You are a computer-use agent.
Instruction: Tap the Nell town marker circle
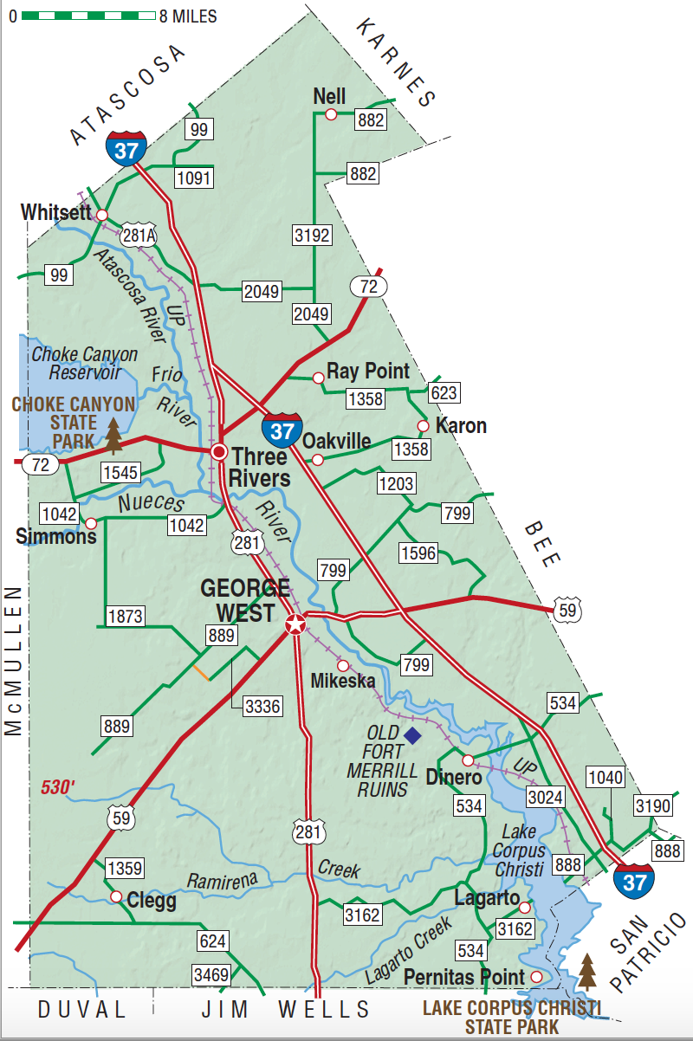pos(331,114)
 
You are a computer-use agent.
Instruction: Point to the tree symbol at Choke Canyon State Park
pos(113,436)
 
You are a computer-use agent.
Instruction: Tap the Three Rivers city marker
pos(220,451)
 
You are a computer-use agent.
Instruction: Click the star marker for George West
pos(295,624)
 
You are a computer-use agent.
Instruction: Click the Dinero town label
pos(453,778)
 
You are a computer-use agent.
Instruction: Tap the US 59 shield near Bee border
pos(567,609)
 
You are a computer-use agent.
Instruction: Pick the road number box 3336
pos(262,706)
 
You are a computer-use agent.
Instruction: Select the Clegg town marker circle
pos(116,896)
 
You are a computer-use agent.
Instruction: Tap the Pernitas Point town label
pos(464,977)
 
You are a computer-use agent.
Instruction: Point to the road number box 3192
pos(312,235)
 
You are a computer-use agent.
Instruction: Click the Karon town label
pos(461,426)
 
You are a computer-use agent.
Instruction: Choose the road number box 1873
pos(125,616)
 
